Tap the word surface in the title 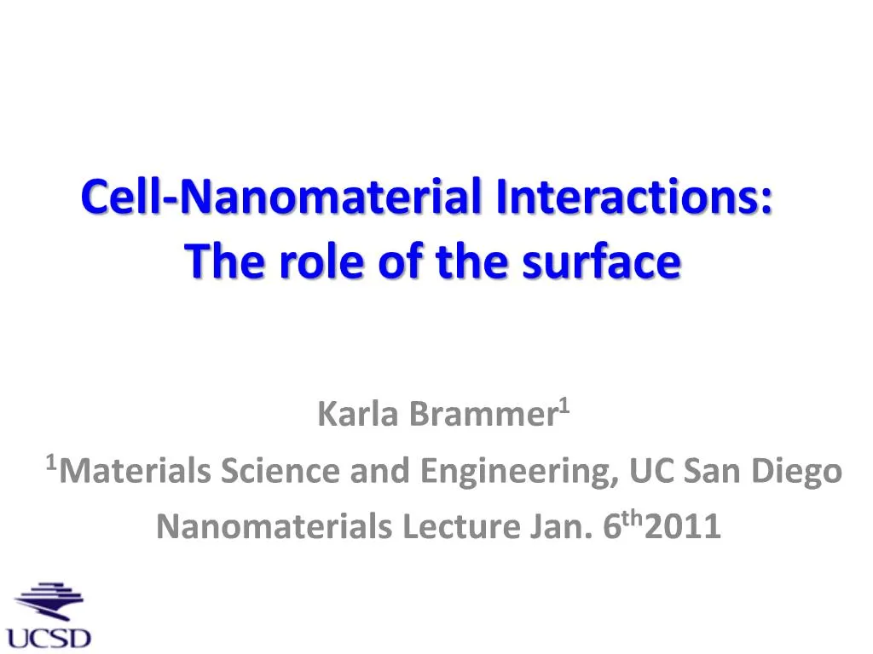[601, 261]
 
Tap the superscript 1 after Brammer [564, 407]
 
